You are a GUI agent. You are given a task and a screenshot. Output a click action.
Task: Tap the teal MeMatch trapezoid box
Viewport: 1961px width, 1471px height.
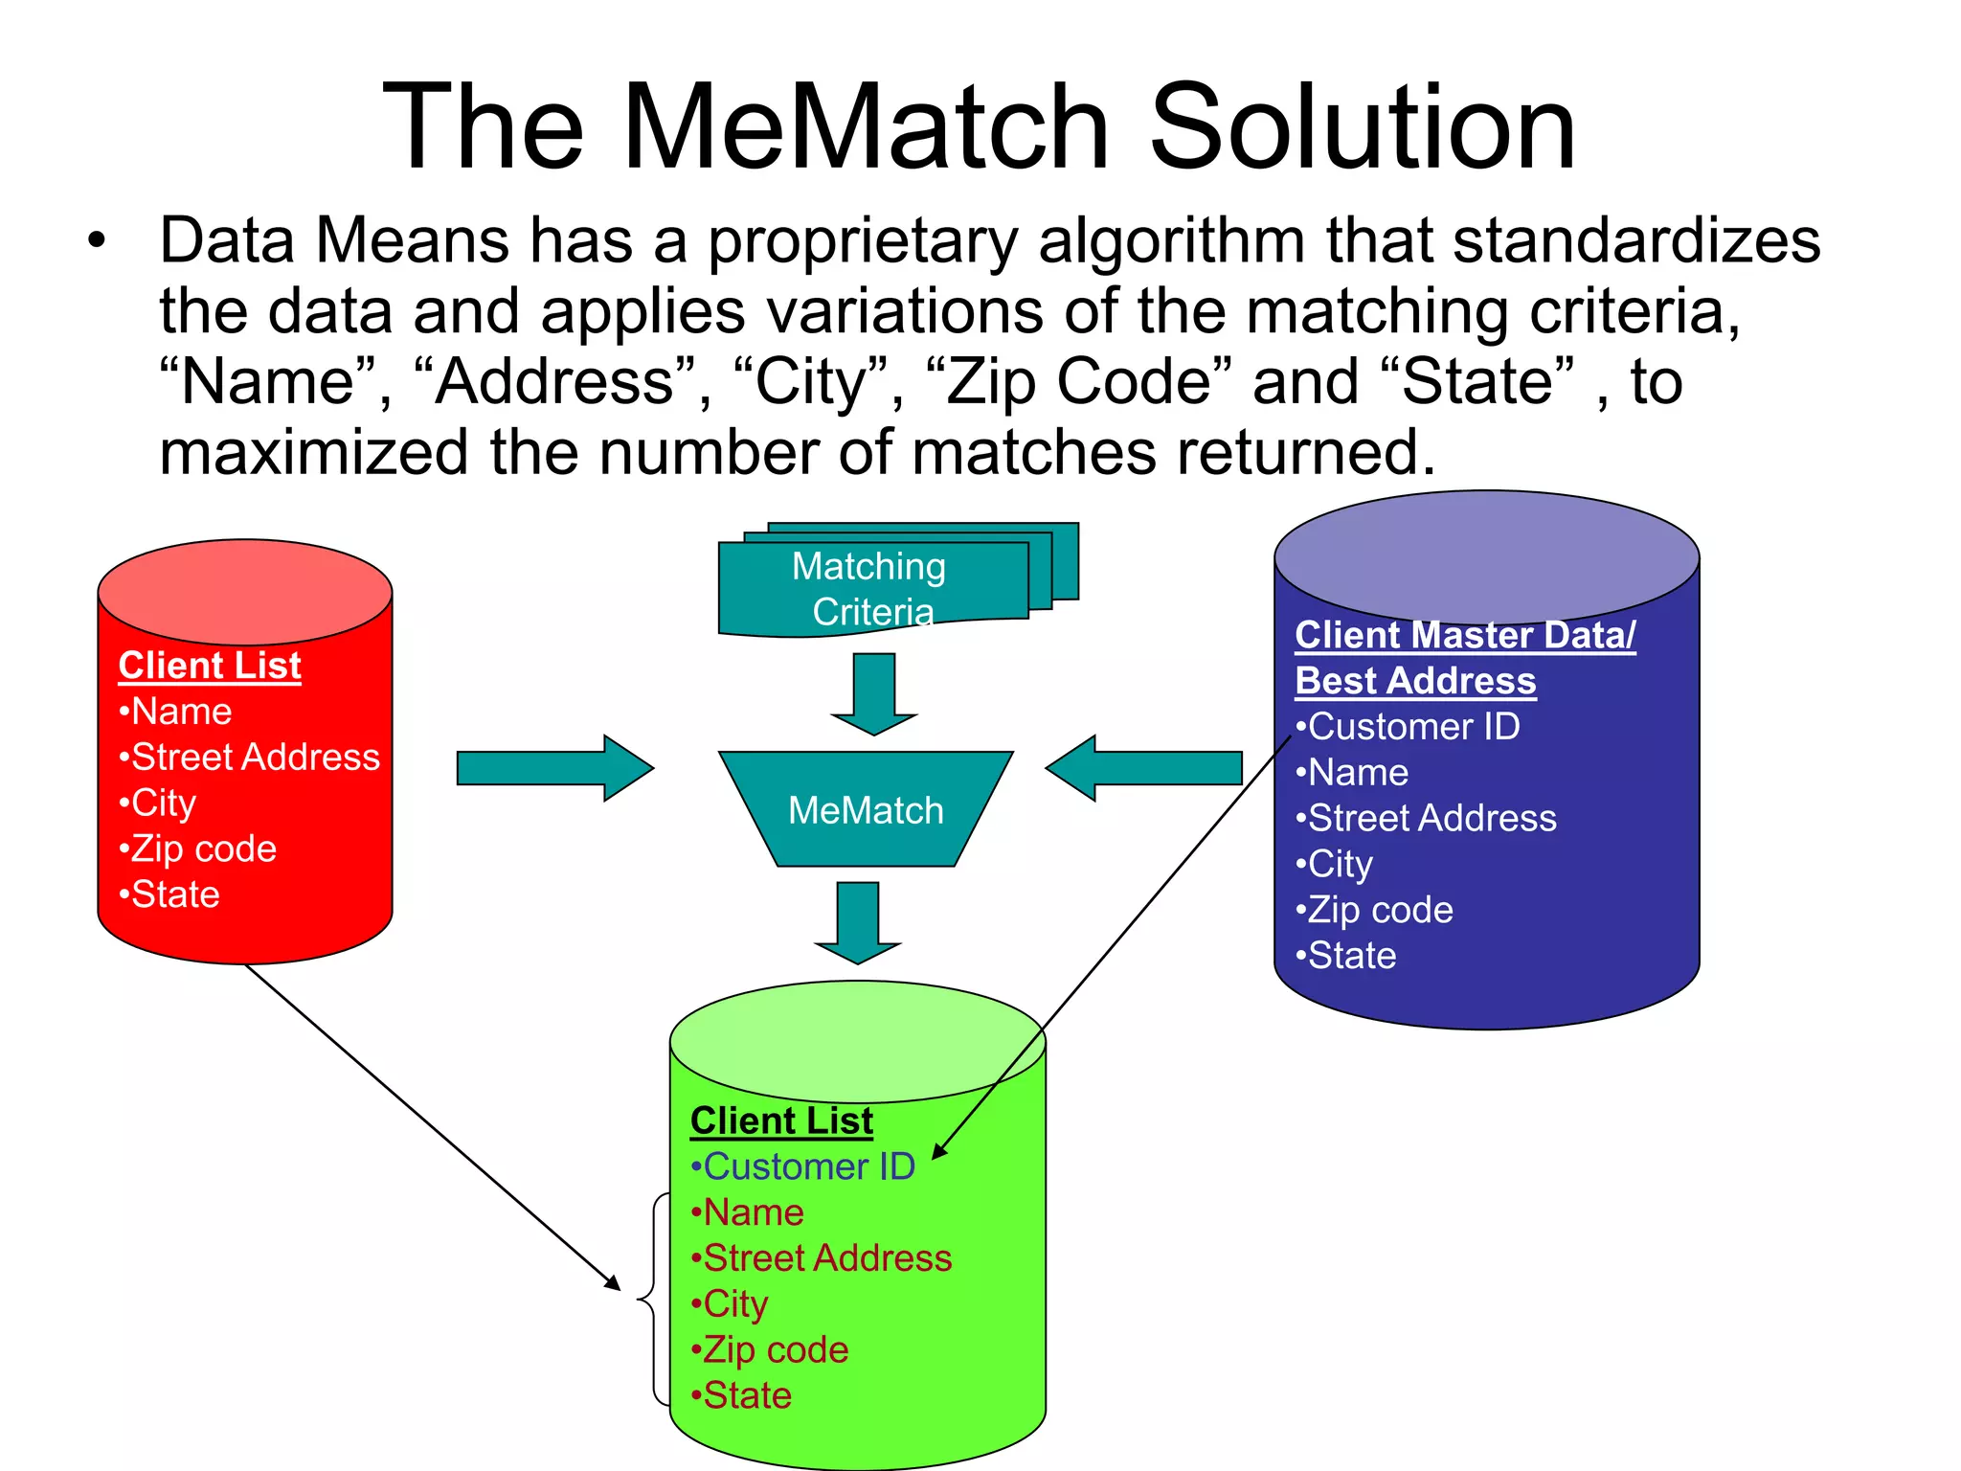pos(866,809)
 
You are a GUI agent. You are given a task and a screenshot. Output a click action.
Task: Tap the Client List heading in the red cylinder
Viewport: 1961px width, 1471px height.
pos(210,666)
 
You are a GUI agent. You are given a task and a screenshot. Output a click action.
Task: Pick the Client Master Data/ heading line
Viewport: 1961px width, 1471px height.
pos(1465,635)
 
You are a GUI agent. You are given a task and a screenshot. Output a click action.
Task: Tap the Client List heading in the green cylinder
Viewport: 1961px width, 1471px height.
pos(781,1120)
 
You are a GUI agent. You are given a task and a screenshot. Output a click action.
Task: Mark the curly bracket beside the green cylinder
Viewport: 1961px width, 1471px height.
pos(651,1299)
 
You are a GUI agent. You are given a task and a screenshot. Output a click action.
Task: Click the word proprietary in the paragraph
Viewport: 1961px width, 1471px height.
pos(862,241)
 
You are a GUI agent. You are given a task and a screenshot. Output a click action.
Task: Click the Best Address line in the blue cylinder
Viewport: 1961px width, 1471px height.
pos(1415,681)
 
